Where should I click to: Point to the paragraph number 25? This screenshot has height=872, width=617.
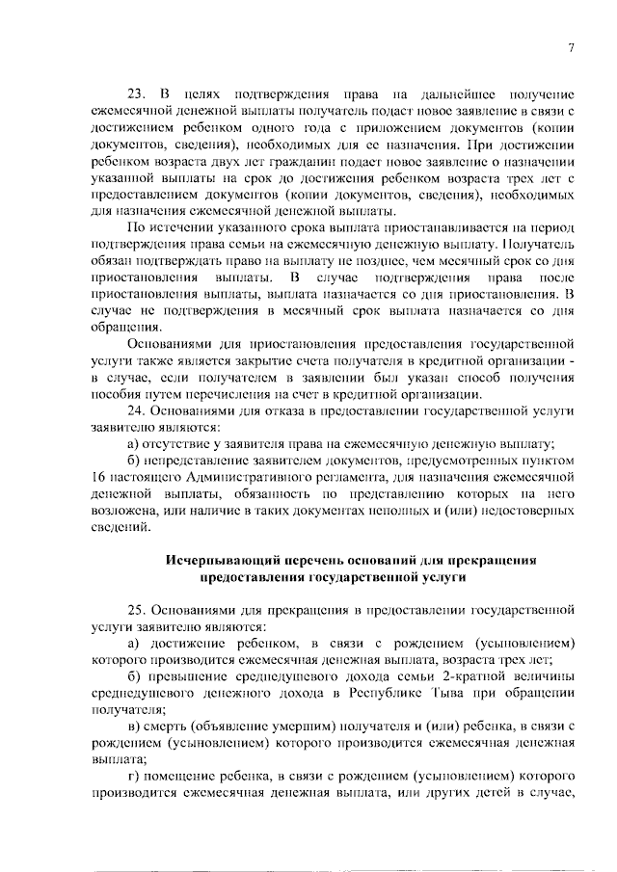[137, 611]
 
